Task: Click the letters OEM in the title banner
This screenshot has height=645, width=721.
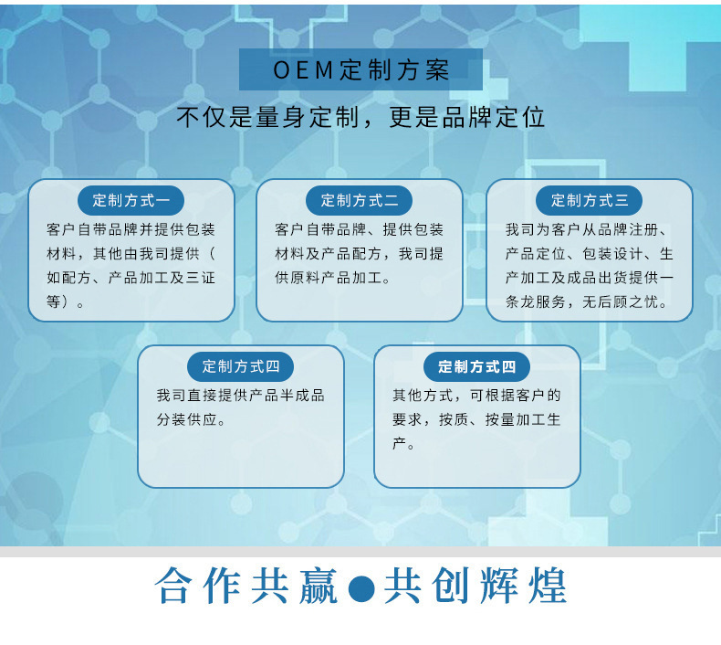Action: (303, 70)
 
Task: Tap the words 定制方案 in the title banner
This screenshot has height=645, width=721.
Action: (394, 70)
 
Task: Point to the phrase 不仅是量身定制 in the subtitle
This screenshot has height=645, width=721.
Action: (267, 117)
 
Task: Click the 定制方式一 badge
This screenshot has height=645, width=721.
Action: (131, 200)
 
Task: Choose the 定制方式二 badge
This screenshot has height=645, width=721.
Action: (359, 200)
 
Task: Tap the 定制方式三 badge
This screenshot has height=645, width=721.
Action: (589, 200)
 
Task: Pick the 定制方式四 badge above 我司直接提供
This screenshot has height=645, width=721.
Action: (241, 366)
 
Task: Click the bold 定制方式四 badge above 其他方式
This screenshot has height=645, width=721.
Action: (476, 366)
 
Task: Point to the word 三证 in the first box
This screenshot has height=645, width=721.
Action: (201, 278)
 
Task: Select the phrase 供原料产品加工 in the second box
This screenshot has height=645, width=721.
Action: (329, 278)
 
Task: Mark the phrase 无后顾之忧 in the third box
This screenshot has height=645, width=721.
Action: (621, 302)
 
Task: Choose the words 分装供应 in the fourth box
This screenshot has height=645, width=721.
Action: (187, 419)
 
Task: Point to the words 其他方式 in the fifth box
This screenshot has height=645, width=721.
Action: (423, 395)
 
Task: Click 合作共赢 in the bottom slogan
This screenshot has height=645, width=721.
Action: (246, 585)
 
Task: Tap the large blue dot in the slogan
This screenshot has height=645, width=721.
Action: (361, 588)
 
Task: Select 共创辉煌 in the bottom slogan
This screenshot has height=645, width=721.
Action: (475, 585)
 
